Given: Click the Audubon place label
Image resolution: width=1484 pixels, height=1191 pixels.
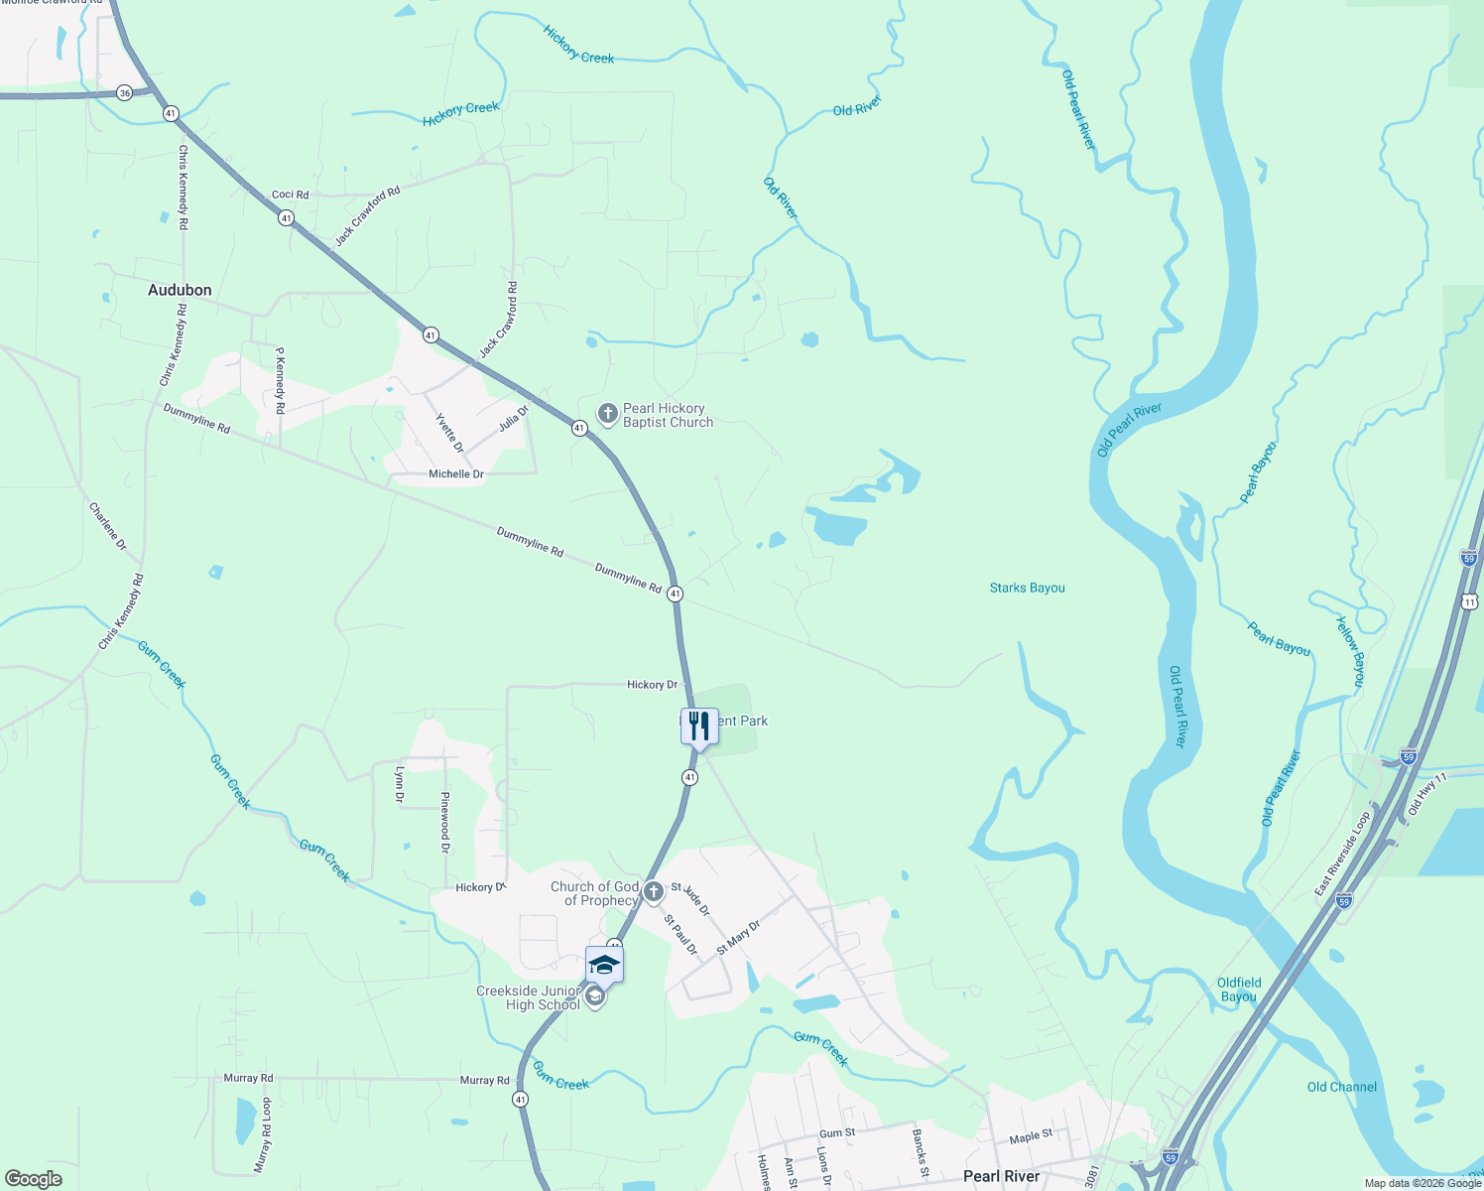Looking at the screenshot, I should (x=180, y=290).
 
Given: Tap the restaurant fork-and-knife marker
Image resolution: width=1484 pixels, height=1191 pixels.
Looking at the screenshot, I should (x=699, y=727).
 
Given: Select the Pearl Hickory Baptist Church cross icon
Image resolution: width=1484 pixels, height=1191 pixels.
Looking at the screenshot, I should (x=608, y=413).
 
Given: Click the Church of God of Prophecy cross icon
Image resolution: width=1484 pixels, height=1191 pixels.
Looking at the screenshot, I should (x=653, y=891).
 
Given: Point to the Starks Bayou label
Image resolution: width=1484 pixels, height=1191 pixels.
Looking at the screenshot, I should (x=1027, y=588).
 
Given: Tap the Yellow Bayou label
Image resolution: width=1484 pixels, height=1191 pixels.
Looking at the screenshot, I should (x=1350, y=650).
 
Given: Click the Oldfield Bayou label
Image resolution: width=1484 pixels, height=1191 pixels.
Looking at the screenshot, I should (x=1239, y=990).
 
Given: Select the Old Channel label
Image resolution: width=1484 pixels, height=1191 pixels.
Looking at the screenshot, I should (x=1341, y=1087).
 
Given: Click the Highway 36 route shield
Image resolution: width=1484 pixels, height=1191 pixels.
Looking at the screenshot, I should (x=124, y=92).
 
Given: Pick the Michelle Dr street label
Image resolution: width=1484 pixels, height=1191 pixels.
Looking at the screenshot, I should (x=456, y=474).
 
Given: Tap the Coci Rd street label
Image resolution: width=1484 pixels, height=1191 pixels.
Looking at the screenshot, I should (x=291, y=195).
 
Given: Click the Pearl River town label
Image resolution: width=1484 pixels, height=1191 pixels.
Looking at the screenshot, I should (x=1002, y=1176).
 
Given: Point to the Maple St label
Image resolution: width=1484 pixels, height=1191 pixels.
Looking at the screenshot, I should (x=1031, y=1136).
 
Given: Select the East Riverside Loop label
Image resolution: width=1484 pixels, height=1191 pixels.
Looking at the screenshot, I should (x=1342, y=854).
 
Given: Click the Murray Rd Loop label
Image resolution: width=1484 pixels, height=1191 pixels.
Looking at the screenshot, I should (x=263, y=1134).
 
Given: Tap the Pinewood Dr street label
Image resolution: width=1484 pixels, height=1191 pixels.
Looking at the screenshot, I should (x=445, y=823).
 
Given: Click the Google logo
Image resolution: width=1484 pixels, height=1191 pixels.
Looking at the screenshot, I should (x=34, y=1179).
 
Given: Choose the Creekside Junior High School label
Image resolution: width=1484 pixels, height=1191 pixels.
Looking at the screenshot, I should (x=529, y=997).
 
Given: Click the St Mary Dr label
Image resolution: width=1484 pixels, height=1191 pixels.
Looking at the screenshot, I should (x=738, y=937).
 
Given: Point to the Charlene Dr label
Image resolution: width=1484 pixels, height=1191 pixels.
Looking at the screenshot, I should (x=108, y=526).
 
